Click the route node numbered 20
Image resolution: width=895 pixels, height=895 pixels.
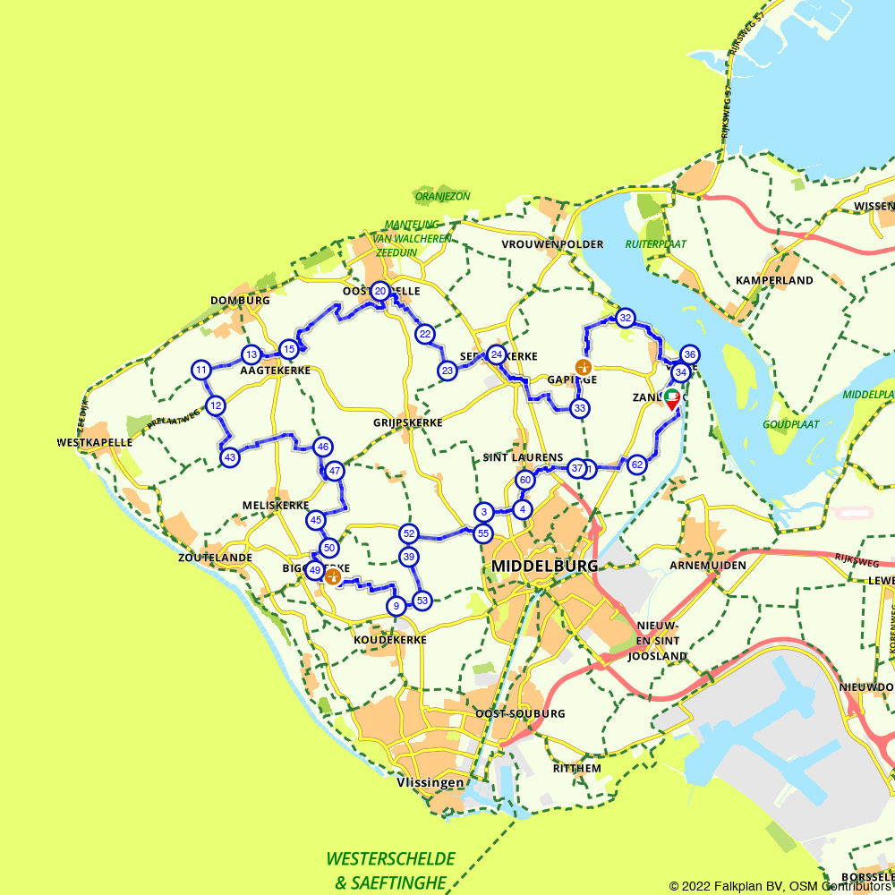coord(380,291)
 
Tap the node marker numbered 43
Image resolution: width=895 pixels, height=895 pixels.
coord(230,457)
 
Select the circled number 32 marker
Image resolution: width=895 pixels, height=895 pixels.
coord(626,318)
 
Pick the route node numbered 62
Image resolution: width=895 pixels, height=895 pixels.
coord(637,465)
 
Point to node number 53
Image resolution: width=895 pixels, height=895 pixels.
coord(422,601)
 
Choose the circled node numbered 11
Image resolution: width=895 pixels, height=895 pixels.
coord(201,370)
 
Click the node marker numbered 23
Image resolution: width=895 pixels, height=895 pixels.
coord(447,371)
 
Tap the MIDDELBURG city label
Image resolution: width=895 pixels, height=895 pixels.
coord(544,567)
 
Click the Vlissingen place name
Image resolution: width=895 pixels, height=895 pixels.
coord(430,783)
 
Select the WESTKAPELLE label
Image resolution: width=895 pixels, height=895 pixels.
coord(94,442)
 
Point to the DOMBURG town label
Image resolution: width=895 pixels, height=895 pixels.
coord(240,301)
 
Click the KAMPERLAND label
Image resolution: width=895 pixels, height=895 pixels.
coord(774,280)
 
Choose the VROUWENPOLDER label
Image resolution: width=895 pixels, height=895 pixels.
coord(552,244)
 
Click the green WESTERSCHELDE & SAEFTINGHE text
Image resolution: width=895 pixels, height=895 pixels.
coord(390,871)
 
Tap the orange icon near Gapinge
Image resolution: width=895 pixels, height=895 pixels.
coord(584,367)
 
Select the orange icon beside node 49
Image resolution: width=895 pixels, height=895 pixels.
coord(333,575)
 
